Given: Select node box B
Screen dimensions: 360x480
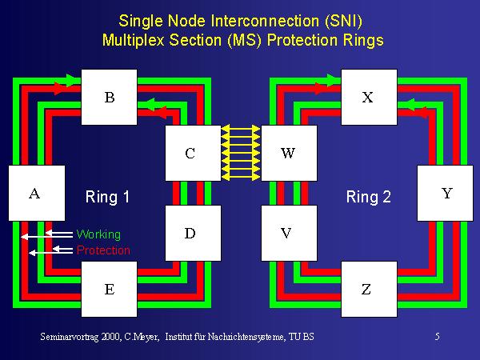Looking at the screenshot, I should click(x=110, y=98).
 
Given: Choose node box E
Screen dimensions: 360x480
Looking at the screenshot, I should click(x=110, y=289).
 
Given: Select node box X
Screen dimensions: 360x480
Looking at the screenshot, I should click(x=368, y=98).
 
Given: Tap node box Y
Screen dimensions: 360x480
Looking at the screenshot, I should click(x=446, y=193).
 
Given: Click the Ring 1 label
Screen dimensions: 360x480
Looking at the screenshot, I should click(x=107, y=197).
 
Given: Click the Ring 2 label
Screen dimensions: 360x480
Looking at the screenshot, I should click(x=368, y=197).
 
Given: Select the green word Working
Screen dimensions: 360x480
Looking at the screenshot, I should click(x=98, y=234).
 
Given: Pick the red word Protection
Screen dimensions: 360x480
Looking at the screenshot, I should click(x=103, y=250).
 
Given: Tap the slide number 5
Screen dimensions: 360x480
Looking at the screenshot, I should click(x=437, y=337).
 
